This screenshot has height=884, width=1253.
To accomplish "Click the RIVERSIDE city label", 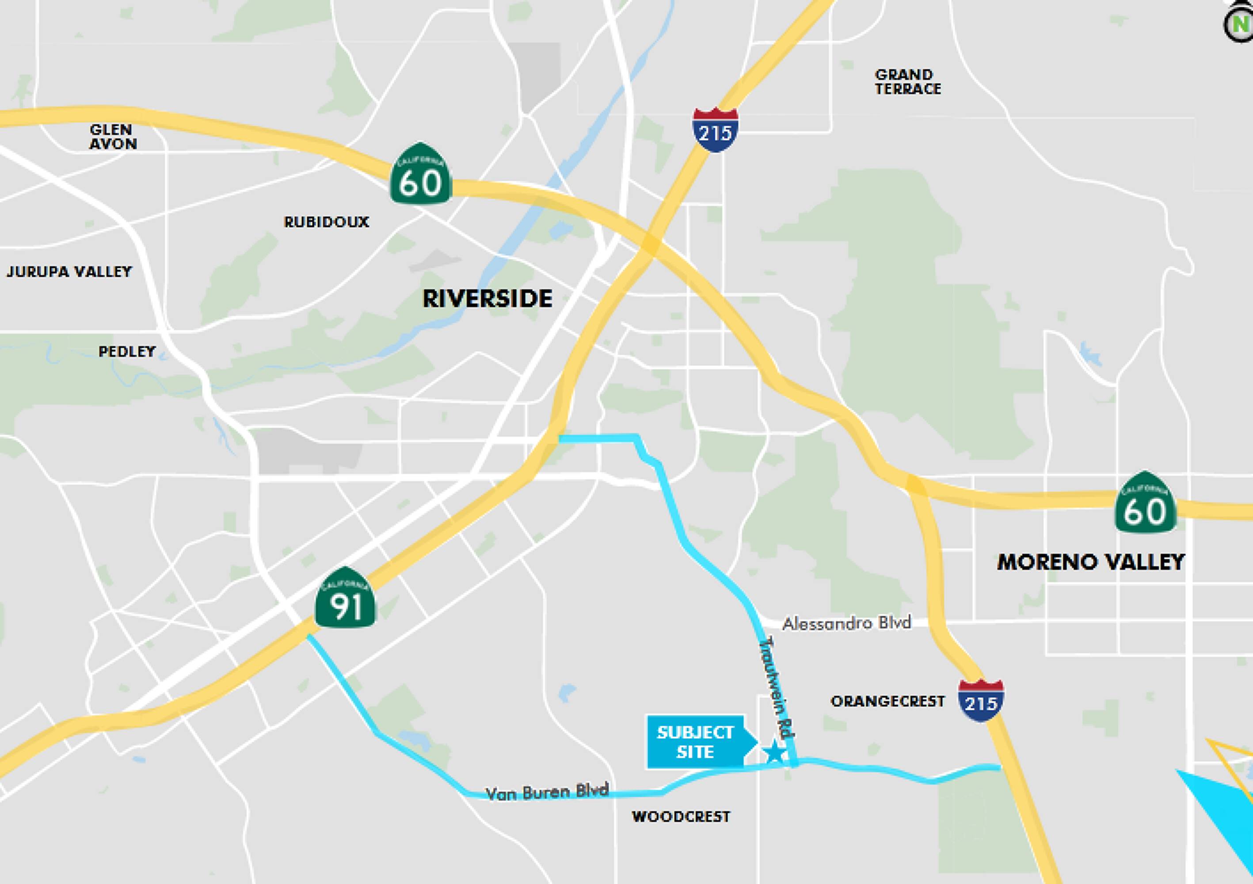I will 487,298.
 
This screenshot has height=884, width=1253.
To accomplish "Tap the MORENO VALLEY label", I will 1090,562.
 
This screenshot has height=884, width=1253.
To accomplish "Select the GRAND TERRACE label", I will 907,82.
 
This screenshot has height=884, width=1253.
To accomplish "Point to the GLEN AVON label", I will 112,137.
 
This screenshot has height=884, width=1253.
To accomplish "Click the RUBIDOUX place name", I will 326,222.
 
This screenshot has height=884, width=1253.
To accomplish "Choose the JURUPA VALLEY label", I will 69,271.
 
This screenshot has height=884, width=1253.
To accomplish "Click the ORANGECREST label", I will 887,701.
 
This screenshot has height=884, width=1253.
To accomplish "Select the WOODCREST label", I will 681,816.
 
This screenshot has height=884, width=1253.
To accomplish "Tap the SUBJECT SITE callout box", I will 695,742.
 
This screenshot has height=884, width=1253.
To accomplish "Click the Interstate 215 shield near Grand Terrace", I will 715,130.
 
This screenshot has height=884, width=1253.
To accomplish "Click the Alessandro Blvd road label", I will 846,623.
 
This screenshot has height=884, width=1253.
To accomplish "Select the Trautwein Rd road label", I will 777,689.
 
